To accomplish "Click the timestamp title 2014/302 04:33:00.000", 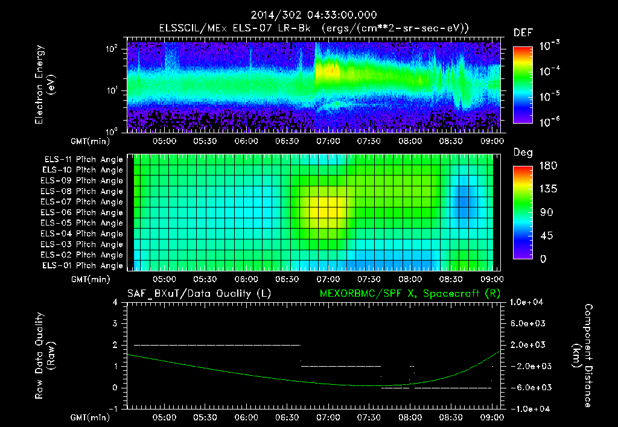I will point(308,15).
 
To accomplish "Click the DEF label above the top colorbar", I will point(523,33).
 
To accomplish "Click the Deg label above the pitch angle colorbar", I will point(523,153).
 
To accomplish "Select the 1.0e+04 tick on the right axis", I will point(528,302).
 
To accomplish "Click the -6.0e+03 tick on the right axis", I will point(528,387).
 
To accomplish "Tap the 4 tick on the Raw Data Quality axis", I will point(116,302).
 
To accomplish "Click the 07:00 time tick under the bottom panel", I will point(328,417).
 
